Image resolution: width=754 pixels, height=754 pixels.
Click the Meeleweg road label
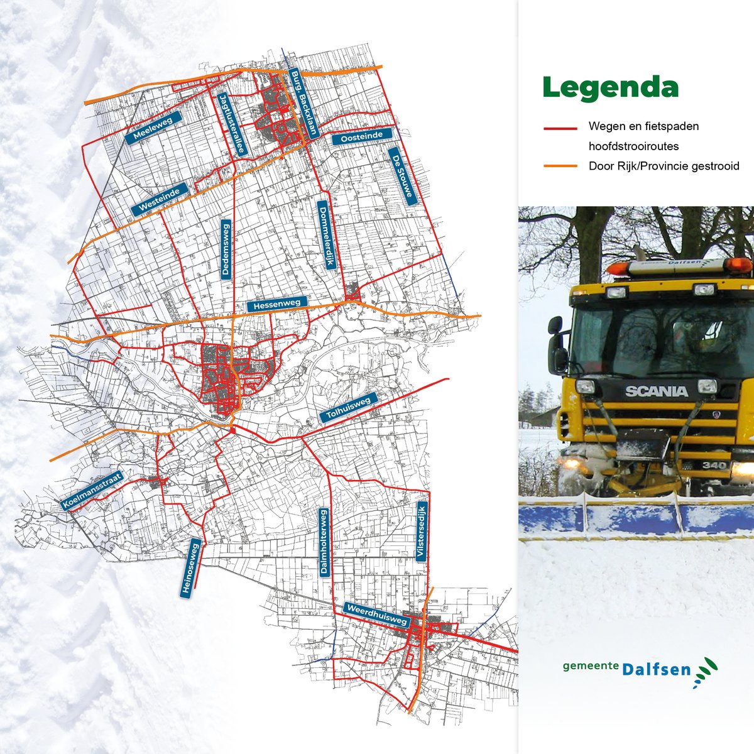tap(153, 128)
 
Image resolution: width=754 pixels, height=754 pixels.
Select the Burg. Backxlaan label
tap(305, 103)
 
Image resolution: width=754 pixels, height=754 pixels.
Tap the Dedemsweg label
tap(226, 249)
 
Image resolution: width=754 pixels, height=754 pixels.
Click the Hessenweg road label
tap(277, 305)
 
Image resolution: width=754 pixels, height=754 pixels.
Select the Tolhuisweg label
tap(349, 407)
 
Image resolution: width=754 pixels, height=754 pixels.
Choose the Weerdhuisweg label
tap(377, 614)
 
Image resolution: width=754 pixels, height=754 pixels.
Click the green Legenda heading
tap(611, 87)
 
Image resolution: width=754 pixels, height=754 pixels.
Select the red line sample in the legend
tap(560, 128)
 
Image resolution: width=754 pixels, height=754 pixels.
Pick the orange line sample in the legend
tap(560, 167)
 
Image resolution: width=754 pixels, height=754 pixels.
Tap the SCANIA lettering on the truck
tap(656, 391)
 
